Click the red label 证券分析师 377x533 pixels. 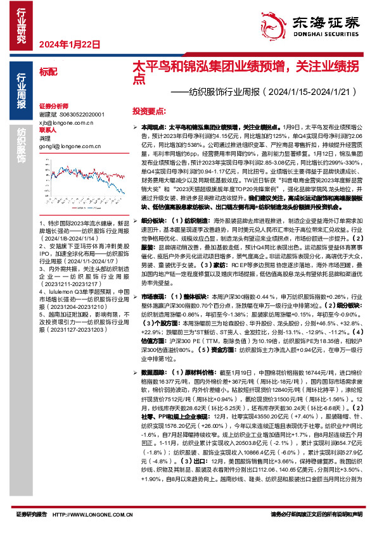(53, 106)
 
